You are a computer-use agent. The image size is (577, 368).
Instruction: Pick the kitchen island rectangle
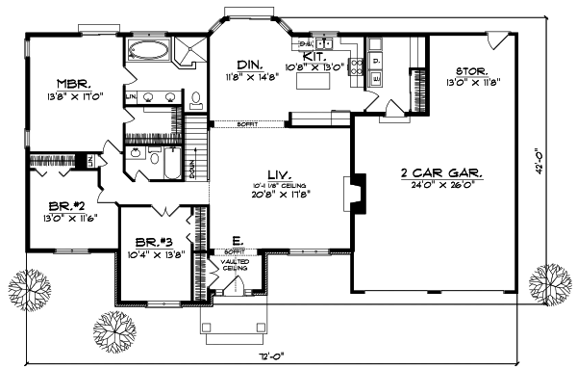313,85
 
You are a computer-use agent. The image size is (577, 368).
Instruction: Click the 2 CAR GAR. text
441,174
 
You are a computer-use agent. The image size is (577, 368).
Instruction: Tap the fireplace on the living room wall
354,191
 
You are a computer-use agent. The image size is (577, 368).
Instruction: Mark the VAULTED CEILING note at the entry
235,265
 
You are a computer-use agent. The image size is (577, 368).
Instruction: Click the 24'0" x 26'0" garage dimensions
441,185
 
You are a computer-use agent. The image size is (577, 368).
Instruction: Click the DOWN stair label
191,170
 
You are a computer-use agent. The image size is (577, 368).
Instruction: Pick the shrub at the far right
551,282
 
